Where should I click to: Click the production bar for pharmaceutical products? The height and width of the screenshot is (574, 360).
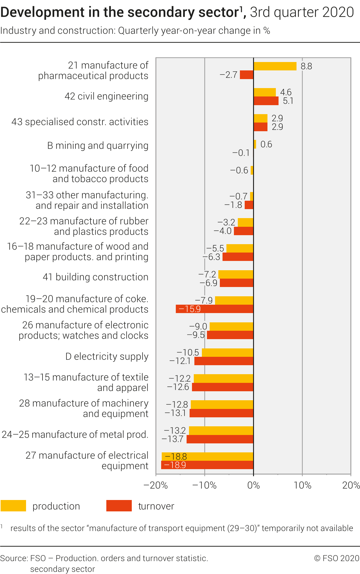(275, 66)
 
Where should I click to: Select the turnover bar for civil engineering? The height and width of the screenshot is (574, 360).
(266, 101)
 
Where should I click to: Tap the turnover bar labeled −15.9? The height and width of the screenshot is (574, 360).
(214, 309)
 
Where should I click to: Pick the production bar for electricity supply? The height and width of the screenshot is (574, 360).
(228, 353)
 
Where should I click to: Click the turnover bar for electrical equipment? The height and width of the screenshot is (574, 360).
(207, 465)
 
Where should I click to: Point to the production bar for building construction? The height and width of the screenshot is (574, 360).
(236, 274)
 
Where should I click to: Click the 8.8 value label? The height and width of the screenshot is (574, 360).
(306, 66)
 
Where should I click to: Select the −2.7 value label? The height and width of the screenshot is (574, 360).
(229, 75)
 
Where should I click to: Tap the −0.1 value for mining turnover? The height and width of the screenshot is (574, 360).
(241, 153)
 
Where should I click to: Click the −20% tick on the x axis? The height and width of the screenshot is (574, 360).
(156, 485)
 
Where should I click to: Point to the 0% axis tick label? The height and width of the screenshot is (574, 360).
(253, 485)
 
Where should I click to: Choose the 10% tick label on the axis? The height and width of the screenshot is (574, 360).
(302, 485)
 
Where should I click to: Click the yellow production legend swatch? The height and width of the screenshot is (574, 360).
(13, 506)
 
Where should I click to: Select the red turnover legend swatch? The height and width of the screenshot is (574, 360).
(119, 506)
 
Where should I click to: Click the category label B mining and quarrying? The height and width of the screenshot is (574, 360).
(98, 146)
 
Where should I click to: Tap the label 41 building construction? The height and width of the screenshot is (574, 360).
(95, 277)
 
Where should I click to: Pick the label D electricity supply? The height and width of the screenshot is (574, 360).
(107, 357)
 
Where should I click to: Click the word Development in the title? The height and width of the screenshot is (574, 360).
(42, 13)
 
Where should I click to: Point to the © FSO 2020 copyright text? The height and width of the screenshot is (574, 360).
(337, 558)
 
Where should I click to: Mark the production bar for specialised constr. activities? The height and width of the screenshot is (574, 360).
(260, 118)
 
